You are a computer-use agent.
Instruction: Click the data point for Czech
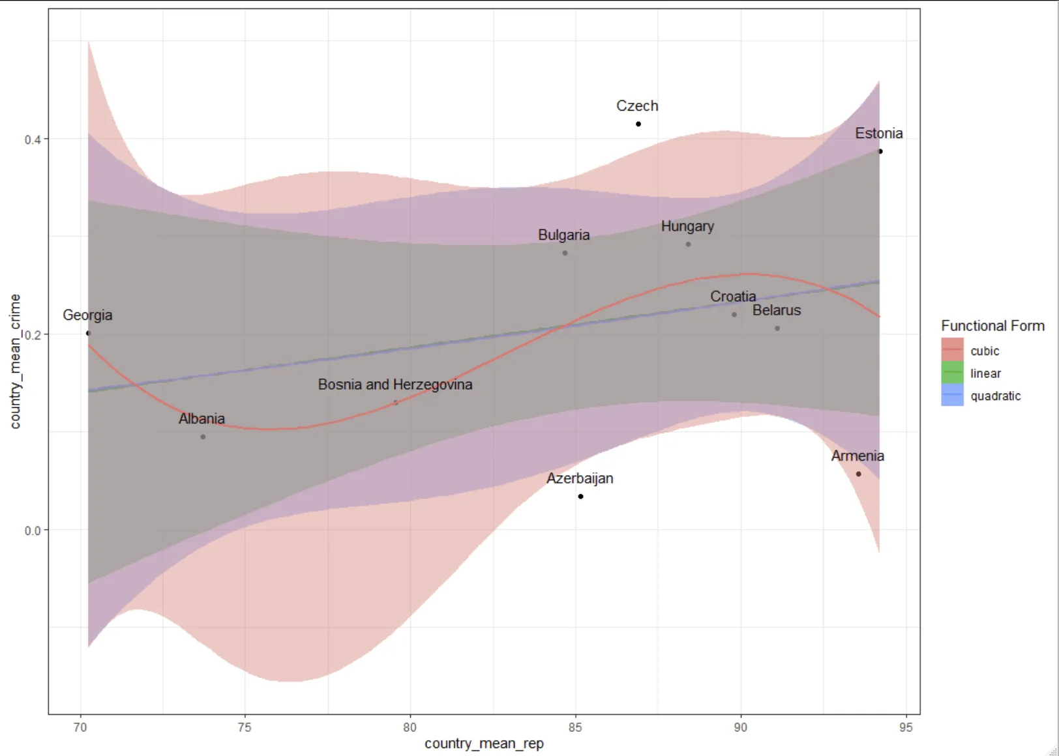point(638,124)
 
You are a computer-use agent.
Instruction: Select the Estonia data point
point(880,151)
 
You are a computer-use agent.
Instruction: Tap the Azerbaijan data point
point(580,497)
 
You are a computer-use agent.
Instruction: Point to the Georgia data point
point(89,333)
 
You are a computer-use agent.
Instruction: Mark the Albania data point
point(203,437)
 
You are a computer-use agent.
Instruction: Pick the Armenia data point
point(858,474)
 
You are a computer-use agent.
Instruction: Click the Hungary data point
point(688,244)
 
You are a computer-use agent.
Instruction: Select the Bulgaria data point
point(565,253)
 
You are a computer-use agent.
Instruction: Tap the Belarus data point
point(777,328)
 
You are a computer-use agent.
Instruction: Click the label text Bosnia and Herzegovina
point(395,385)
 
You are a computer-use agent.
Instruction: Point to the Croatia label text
point(733,297)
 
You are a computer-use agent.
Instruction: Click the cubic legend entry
point(984,351)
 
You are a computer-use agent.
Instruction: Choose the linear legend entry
point(985,373)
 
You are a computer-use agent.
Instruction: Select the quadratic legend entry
point(995,396)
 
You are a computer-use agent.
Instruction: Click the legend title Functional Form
point(992,326)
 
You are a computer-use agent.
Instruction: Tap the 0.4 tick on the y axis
point(33,139)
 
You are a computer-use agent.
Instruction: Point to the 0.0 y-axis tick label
point(33,531)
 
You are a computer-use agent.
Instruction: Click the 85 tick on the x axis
point(575,727)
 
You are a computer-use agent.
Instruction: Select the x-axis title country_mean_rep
point(484,744)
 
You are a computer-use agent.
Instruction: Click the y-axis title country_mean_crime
point(16,361)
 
